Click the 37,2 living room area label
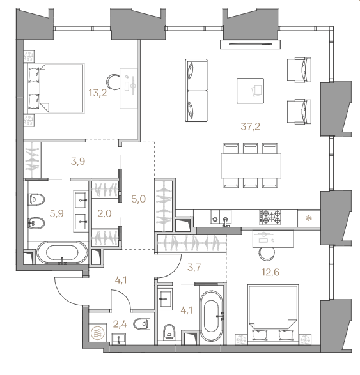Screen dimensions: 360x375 click(x=251, y=126)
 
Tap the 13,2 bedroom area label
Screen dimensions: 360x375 click(x=98, y=93)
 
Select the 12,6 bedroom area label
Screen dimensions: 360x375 click(x=270, y=272)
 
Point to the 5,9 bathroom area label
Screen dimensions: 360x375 click(x=57, y=213)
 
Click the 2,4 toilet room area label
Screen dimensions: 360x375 click(x=120, y=325)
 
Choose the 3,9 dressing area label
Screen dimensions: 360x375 click(x=78, y=162)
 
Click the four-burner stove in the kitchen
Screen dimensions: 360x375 click(x=270, y=217)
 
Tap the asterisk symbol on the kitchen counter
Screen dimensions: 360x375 click(x=309, y=218)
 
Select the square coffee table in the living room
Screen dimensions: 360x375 click(x=251, y=91)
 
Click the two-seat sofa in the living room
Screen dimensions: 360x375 click(x=196, y=91)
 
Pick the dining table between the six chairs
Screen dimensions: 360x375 click(x=251, y=165)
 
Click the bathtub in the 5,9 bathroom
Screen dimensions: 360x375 click(x=62, y=253)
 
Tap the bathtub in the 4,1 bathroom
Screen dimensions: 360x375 click(x=212, y=316)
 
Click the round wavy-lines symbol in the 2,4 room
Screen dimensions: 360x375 click(x=98, y=333)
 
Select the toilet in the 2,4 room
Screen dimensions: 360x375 click(x=141, y=324)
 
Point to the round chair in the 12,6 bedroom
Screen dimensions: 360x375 click(x=267, y=254)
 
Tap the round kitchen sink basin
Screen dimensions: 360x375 click(x=215, y=219)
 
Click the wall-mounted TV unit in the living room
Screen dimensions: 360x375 click(x=251, y=44)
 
